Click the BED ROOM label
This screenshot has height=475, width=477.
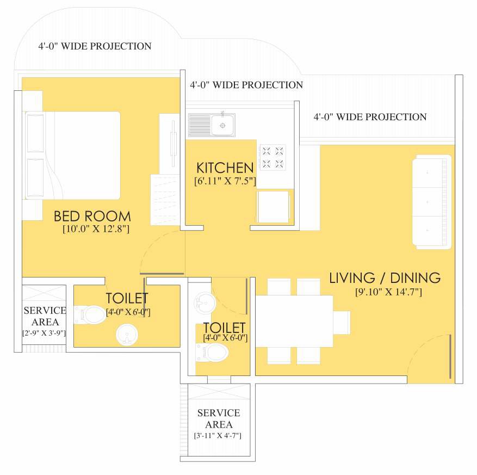click(x=92, y=216)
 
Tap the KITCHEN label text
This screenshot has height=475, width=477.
click(x=225, y=168)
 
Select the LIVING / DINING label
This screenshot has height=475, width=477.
click(x=385, y=278)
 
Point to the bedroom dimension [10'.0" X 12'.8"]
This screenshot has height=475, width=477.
click(x=96, y=229)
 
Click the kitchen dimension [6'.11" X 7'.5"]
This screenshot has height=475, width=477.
click(x=225, y=181)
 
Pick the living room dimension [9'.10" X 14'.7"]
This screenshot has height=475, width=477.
click(x=388, y=292)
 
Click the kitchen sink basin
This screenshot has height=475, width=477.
click(x=222, y=125)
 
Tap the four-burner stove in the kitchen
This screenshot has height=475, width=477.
click(x=272, y=157)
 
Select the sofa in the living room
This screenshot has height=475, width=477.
click(x=432, y=202)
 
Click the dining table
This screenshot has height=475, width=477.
click(x=294, y=321)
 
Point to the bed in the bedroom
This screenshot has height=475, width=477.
click(x=72, y=156)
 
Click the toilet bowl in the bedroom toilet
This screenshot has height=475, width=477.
click(x=90, y=314)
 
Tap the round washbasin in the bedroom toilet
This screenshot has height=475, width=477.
click(x=127, y=335)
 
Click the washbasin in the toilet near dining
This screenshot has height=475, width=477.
click(x=205, y=303)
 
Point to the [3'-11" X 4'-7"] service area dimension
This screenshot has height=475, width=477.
click(x=218, y=436)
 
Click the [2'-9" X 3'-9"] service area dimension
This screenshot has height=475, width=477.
click(x=44, y=333)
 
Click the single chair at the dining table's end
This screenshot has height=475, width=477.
click(x=342, y=323)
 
